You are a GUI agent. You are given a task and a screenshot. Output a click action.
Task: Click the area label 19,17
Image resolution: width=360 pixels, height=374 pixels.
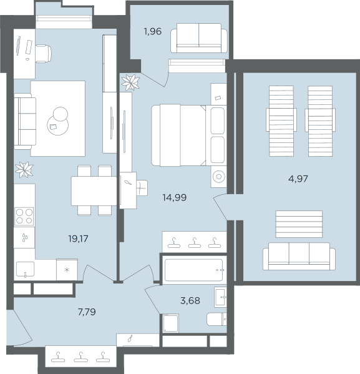click(x=78, y=239)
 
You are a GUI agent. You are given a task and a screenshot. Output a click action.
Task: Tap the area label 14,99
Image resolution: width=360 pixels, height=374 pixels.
click(x=174, y=197)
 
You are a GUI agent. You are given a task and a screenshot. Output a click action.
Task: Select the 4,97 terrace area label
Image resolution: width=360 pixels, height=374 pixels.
click(x=298, y=179)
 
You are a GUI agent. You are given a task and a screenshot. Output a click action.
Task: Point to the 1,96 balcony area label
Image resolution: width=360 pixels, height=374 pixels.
click(x=153, y=31)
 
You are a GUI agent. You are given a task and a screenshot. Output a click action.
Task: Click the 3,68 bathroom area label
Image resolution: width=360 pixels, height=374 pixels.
click(x=190, y=300)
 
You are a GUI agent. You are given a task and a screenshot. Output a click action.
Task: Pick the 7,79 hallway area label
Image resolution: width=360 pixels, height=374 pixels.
click(x=87, y=312)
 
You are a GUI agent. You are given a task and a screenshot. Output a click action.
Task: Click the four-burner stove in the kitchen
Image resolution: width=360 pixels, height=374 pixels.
click(x=24, y=217)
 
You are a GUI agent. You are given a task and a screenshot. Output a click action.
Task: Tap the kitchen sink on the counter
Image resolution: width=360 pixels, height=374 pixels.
click(x=25, y=270)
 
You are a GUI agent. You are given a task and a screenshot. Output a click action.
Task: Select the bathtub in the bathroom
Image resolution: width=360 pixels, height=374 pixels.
click(x=194, y=270)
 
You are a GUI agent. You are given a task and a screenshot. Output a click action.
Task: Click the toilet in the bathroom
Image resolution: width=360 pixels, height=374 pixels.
click(x=216, y=319)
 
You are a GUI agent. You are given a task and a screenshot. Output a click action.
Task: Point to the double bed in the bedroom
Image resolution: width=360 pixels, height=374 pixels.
click(x=188, y=135)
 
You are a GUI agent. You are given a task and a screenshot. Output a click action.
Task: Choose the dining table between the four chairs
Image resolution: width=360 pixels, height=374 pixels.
click(x=94, y=191)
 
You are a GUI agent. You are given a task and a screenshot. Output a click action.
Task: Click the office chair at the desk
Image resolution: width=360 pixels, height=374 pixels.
click(x=44, y=54)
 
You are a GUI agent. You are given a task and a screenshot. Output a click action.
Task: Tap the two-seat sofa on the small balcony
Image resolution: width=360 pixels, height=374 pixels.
click(x=199, y=38)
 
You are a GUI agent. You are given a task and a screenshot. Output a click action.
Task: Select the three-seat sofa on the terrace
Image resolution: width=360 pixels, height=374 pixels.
click(x=299, y=257)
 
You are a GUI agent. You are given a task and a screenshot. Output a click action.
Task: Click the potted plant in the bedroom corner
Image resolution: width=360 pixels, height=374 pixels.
click(x=130, y=82)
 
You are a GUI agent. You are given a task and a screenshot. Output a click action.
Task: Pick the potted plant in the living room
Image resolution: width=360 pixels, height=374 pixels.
click(x=24, y=170)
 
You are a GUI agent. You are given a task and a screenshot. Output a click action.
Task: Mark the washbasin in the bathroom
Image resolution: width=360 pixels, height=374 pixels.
click(x=220, y=297)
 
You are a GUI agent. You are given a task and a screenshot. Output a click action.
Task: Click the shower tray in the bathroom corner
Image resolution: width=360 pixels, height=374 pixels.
click(x=171, y=323)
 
